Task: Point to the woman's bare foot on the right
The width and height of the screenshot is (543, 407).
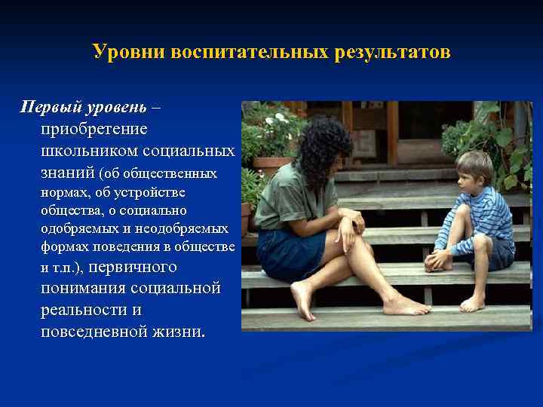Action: click(404, 305)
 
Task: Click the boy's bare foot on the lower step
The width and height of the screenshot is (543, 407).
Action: click(472, 304)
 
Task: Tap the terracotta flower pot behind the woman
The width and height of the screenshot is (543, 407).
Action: click(271, 166)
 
